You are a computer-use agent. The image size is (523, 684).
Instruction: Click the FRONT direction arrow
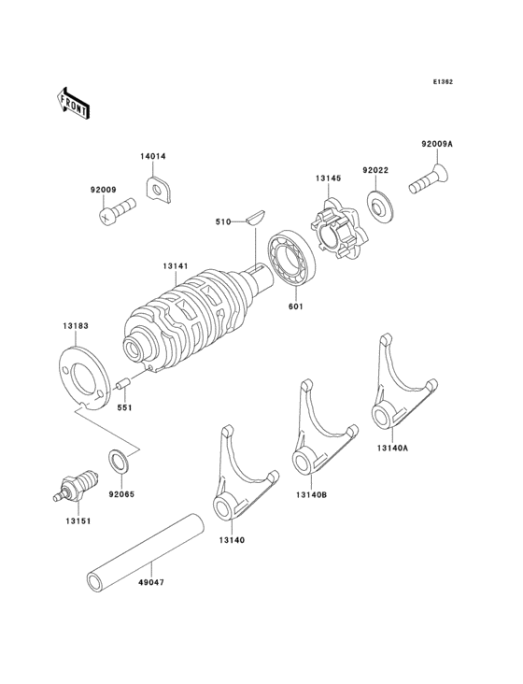click(x=74, y=102)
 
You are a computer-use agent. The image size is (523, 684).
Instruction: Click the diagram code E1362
click(x=442, y=82)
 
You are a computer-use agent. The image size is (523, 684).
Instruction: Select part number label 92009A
click(x=435, y=144)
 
